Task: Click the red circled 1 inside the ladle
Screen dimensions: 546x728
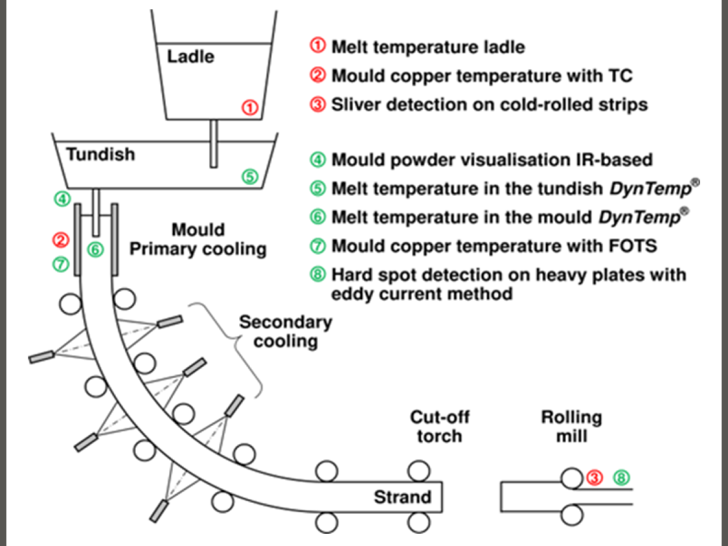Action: [x=250, y=108]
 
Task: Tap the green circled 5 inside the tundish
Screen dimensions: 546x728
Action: [x=249, y=177]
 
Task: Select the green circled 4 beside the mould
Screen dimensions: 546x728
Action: [x=62, y=198]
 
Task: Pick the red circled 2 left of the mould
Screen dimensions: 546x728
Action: [x=61, y=240]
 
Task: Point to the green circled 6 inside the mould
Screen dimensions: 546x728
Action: [x=95, y=249]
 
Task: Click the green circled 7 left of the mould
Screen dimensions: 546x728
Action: [x=61, y=264]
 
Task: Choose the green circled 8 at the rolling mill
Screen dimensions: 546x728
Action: [x=621, y=477]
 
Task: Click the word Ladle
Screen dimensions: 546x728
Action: [x=190, y=57]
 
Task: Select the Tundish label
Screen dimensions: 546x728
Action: [x=100, y=154]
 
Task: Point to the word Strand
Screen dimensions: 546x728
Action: [x=402, y=497]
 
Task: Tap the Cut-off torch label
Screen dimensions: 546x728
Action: [x=439, y=426]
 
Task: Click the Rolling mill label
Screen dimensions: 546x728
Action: [x=571, y=426]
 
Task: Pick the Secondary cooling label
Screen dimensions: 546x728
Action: [x=286, y=331]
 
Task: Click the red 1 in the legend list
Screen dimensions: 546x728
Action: [x=318, y=46]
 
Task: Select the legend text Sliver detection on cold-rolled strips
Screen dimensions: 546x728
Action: [x=489, y=104]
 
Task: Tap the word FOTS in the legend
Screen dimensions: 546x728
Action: [x=633, y=246]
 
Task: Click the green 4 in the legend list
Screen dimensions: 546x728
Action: [x=318, y=160]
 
